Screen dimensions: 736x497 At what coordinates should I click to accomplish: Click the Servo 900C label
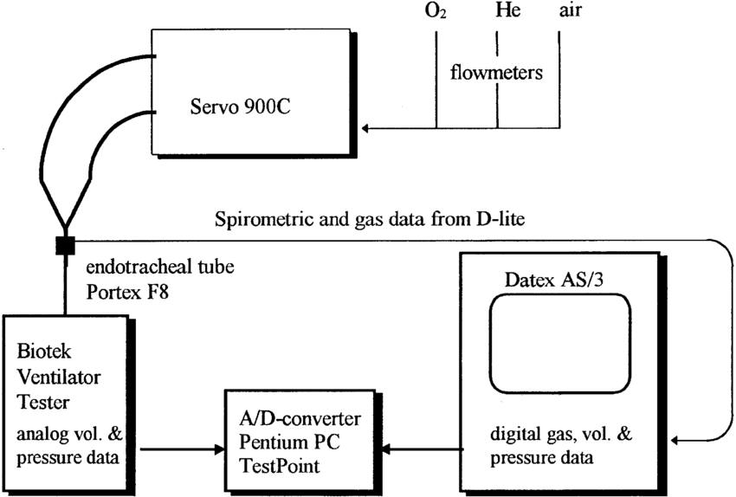tap(240, 106)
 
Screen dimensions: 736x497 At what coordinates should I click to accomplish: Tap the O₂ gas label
tap(436, 10)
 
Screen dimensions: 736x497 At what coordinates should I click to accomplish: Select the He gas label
tap(508, 10)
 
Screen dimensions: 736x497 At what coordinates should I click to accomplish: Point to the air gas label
tap(571, 10)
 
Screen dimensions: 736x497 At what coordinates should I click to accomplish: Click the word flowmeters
tap(497, 72)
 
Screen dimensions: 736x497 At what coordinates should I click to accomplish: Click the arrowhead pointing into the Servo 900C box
tap(365, 127)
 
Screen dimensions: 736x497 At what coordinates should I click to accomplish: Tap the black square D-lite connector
tap(65, 245)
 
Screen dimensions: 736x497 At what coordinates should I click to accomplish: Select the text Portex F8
tap(127, 292)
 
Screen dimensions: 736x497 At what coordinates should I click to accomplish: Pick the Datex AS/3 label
tap(554, 280)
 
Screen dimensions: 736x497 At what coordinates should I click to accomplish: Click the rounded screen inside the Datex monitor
tap(560, 295)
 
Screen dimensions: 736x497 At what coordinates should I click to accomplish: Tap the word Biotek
tap(43, 351)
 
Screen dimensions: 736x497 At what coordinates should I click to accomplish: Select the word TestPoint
tap(280, 466)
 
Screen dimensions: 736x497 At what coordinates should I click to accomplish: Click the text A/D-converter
tap(300, 418)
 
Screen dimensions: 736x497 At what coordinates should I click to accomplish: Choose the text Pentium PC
tap(289, 442)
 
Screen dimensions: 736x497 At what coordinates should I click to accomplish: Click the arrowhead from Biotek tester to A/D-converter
tap(220, 449)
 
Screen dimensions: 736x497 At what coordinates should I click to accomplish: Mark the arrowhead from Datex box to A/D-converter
tap(388, 449)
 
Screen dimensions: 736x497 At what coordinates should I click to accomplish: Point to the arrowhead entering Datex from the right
tap(675, 440)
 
